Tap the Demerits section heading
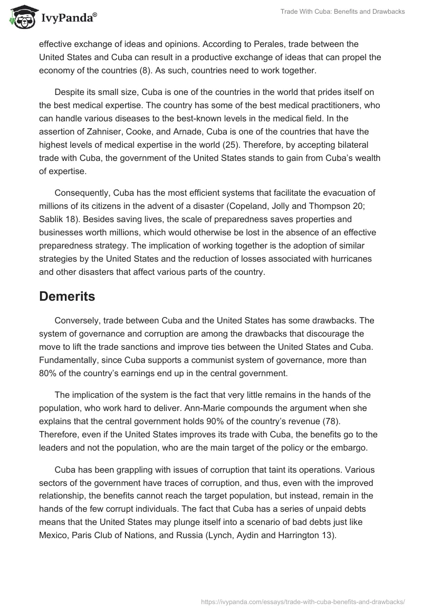tap(67, 297)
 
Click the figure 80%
tap(49, 374)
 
